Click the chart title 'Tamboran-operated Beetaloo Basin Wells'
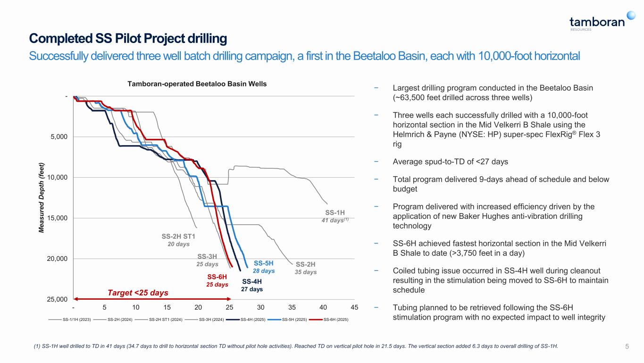197,84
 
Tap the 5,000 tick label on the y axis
58,137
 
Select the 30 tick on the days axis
261,307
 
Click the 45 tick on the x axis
355,307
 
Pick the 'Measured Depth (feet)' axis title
42,198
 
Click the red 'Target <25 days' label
137,293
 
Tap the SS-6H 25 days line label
217,281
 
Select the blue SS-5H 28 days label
264,267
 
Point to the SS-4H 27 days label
251,285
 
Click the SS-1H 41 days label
335,216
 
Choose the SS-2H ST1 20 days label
178,240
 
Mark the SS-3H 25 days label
207,260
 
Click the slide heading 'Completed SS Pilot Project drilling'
128,38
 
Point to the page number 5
627,346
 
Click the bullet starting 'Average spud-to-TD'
450,162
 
